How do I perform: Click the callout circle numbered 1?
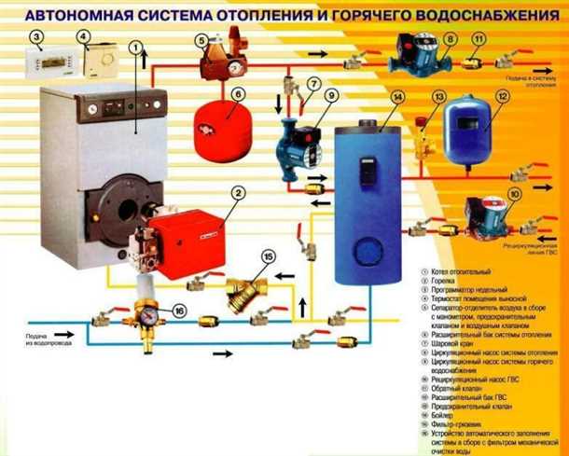tap(137, 45)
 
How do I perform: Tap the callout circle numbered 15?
tap(269, 257)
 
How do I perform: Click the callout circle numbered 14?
tap(397, 95)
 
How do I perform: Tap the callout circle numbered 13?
tap(438, 96)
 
